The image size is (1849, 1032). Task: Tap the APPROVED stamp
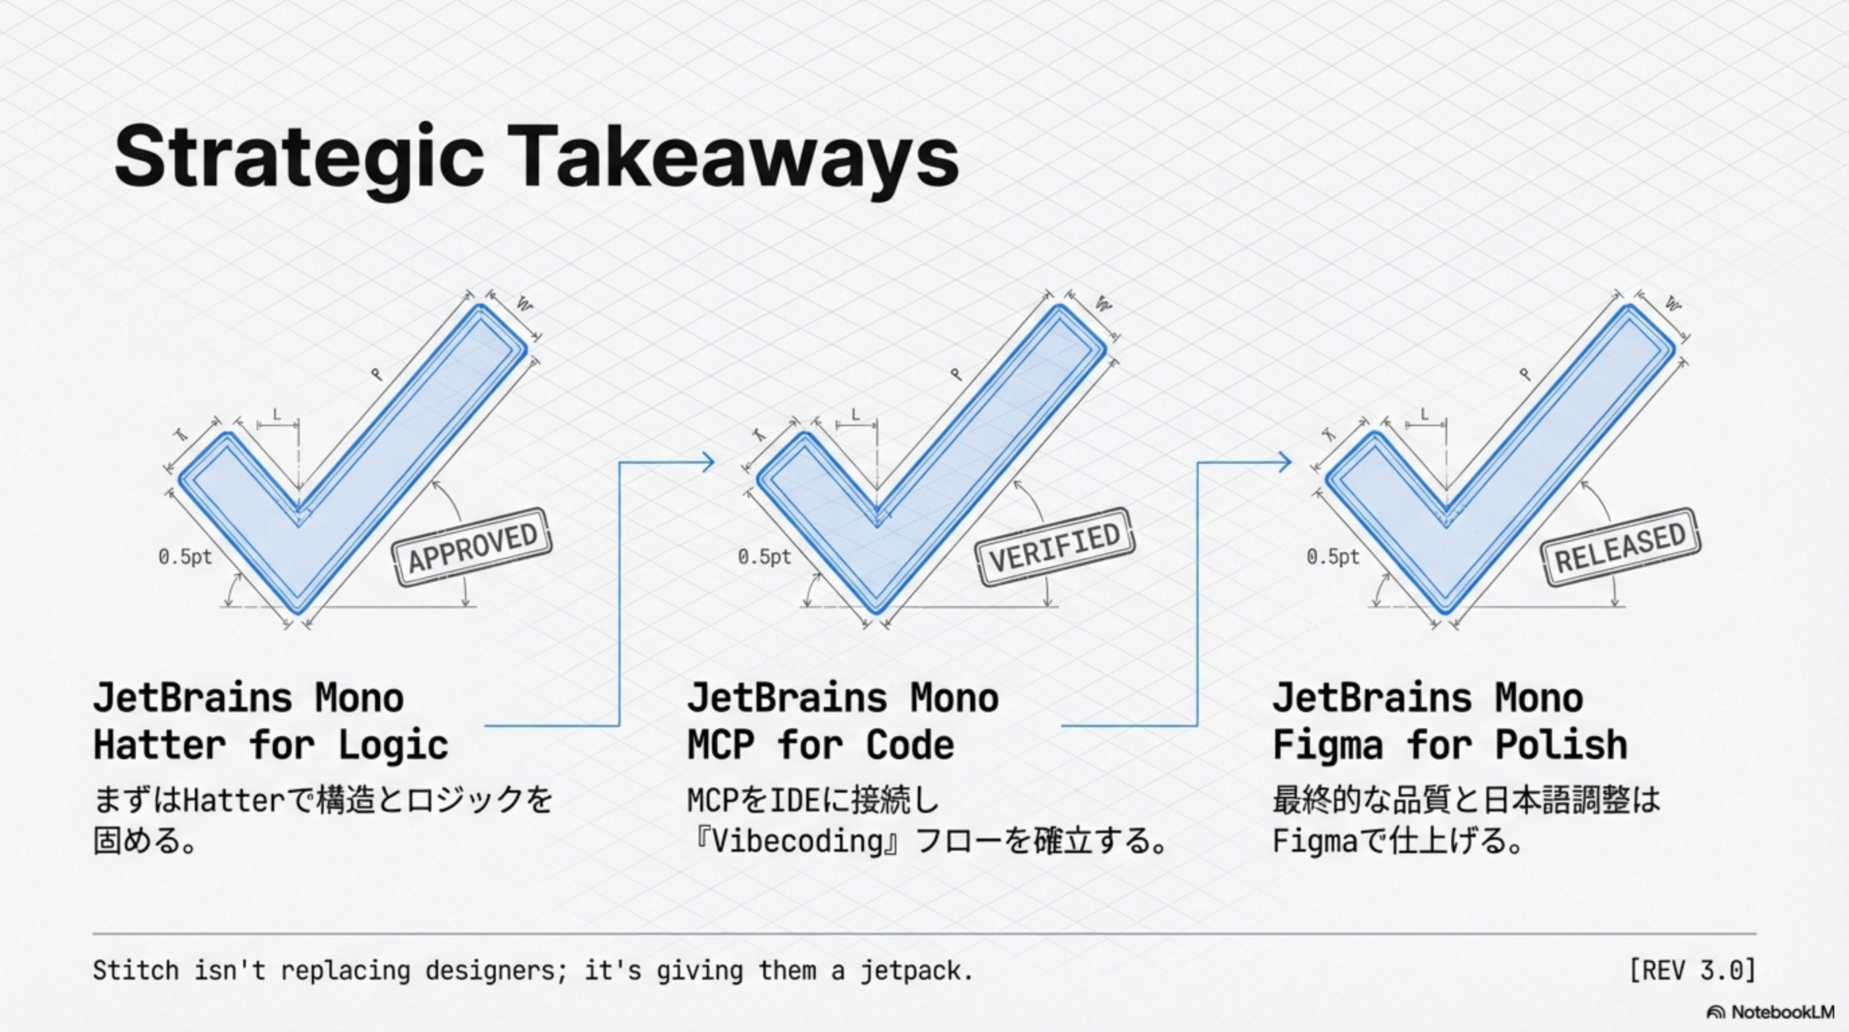[x=472, y=548]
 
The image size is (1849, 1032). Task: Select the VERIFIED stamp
[x=1054, y=548]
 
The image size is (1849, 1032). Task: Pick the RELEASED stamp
[x=1620, y=548]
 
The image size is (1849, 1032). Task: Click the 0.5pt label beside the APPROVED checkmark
[x=185, y=557]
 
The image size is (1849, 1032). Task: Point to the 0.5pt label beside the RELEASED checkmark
[x=1333, y=557]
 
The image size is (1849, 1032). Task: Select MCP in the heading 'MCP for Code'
[x=721, y=745]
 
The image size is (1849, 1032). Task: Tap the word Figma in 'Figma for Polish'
[x=1327, y=745]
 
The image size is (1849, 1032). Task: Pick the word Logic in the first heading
[x=393, y=745]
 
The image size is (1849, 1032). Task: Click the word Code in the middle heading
[x=910, y=745]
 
